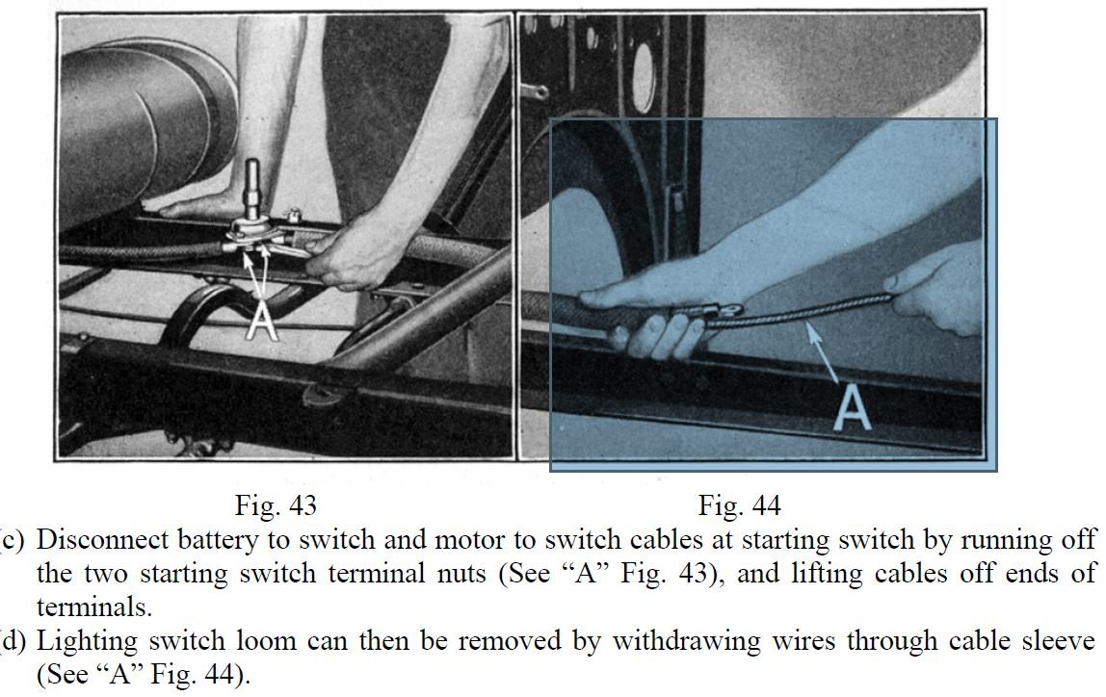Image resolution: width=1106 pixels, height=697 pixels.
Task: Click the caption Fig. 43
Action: (x=276, y=505)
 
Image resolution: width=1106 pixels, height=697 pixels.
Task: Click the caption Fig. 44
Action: (x=740, y=505)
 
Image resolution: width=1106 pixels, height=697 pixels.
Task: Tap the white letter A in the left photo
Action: (x=262, y=322)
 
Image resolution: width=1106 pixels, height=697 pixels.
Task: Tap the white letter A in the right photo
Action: (x=853, y=409)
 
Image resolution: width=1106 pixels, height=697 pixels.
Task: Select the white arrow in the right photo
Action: (x=823, y=353)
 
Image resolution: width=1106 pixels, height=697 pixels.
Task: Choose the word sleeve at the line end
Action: (x=1058, y=640)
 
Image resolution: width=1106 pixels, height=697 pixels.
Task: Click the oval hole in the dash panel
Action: (x=645, y=77)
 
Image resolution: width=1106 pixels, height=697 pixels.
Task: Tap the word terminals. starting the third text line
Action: (x=93, y=607)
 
